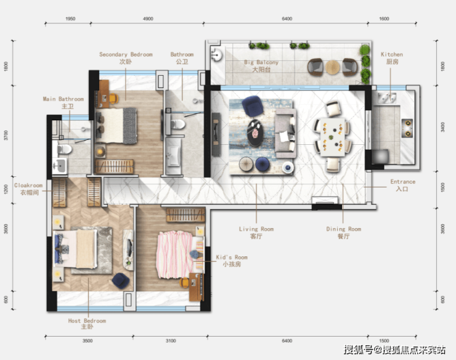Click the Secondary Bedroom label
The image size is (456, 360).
(126, 58)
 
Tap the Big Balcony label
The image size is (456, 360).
(261, 66)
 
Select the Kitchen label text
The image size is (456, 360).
(392, 58)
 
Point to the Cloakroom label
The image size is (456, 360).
(29, 189)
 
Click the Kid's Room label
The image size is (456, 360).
(232, 261)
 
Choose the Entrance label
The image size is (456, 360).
(403, 185)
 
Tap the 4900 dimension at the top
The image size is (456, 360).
(148, 18)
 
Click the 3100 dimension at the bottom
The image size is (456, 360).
(171, 340)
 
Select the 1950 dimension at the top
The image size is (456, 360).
(70, 18)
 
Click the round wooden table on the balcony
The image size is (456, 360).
(332, 67)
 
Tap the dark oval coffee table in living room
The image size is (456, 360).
(256, 133)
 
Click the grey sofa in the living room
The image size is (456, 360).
(285, 134)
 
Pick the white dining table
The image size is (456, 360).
(333, 137)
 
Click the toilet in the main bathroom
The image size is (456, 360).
(64, 149)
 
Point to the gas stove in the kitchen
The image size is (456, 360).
(407, 128)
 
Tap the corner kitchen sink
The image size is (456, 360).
(387, 97)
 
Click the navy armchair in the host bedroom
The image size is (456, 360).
(121, 280)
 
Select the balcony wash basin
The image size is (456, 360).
(216, 54)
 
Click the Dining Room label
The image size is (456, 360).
(343, 232)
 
